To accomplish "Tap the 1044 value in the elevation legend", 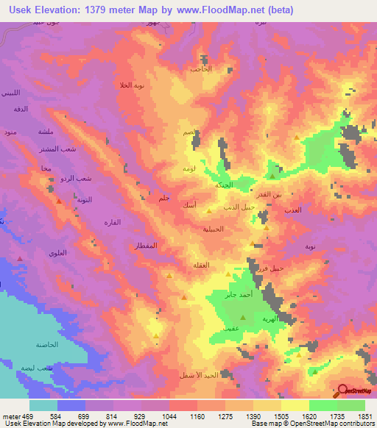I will pos(169,416).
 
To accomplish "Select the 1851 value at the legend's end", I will pos(366,416).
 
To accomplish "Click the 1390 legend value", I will pos(253,416).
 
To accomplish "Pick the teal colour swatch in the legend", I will pos(43,404).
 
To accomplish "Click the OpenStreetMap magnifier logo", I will pos(343,390).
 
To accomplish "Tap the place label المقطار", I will pos(146,244).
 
